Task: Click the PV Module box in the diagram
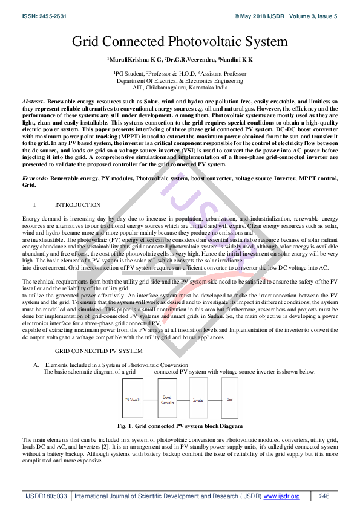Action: tap(133, 400)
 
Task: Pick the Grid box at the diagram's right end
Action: tap(229, 400)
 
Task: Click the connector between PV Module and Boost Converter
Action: tap(149, 400)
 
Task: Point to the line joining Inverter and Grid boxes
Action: tap(214, 400)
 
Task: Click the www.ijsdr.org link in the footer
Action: tap(281, 496)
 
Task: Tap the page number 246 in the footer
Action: tap(324, 496)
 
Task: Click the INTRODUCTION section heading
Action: tap(77, 205)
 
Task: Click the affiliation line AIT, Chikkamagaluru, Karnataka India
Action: tap(180, 87)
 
